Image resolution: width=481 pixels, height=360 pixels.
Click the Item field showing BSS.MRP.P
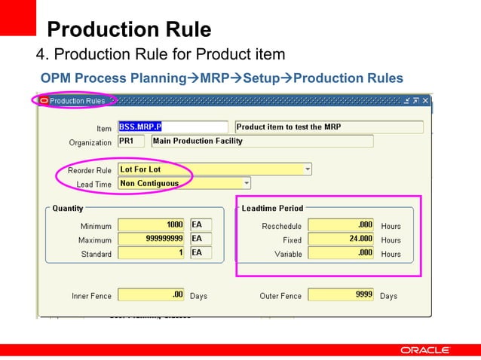[173, 127]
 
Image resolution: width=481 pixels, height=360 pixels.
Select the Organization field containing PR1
[130, 141]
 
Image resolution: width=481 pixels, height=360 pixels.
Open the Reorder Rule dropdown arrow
[307, 169]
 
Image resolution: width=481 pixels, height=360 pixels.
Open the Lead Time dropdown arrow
[246, 183]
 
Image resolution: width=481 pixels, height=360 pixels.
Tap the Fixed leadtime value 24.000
[342, 239]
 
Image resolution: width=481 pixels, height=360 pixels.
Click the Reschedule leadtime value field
[342, 224]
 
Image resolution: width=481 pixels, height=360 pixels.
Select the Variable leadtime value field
[342, 253]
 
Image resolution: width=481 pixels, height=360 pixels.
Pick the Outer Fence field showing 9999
[342, 295]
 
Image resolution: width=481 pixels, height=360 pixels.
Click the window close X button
[425, 100]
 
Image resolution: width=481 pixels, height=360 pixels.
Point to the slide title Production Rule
[128, 30]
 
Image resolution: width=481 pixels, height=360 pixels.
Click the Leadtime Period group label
[272, 208]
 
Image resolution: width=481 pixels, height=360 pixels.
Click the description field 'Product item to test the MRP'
[329, 127]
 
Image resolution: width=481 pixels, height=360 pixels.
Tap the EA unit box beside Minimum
[201, 224]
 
